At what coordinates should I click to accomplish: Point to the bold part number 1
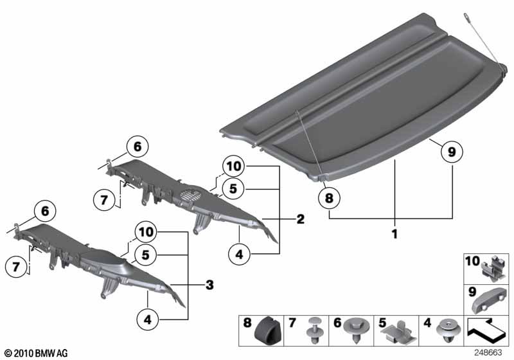394,235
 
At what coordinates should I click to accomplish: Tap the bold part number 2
300,219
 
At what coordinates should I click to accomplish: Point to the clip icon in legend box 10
494,267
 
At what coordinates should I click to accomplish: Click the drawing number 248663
489,352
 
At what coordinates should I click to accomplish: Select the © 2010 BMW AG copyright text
31,353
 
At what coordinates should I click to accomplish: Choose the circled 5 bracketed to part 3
146,255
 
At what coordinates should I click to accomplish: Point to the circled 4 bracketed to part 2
240,254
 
